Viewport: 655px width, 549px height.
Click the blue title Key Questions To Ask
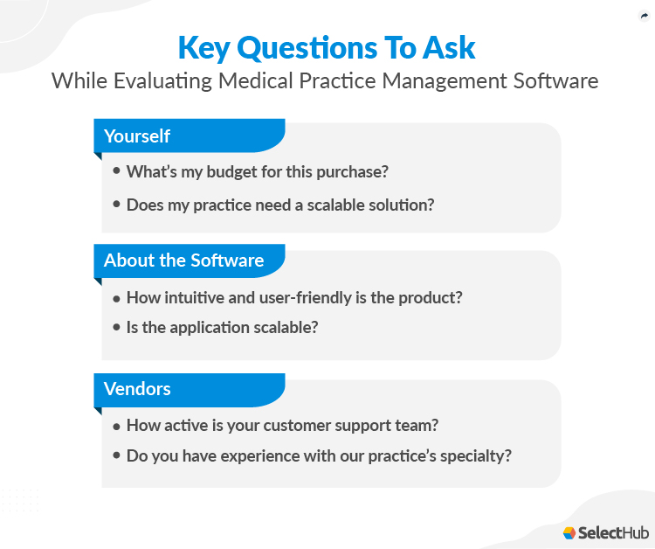[327, 47]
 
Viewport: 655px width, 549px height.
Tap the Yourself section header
[137, 136]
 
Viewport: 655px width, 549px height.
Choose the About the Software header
[183, 261]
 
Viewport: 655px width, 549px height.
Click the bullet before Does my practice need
[117, 205]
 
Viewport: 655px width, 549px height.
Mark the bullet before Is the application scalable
[117, 327]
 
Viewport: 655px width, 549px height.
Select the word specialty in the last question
[479, 455]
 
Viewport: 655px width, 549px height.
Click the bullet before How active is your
[117, 425]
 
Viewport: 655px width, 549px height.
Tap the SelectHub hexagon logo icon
[570, 532]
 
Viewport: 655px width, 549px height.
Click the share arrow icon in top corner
[644, 16]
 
